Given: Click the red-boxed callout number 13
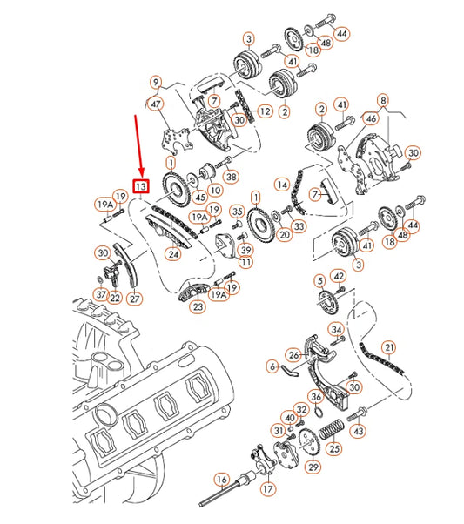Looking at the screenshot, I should click(x=140, y=185).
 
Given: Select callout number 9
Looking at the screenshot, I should click(x=156, y=84).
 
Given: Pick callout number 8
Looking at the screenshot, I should click(x=384, y=100).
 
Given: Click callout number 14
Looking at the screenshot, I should click(x=282, y=185).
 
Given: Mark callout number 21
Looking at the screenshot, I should click(x=390, y=347).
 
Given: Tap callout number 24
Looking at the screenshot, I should click(x=174, y=255).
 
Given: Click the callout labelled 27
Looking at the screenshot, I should click(x=134, y=299).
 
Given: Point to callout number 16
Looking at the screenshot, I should click(x=222, y=480).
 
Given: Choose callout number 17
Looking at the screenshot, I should click(x=267, y=488).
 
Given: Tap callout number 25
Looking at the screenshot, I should click(x=335, y=448).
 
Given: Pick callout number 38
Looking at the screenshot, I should click(x=231, y=177).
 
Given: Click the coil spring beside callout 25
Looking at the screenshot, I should click(x=331, y=427).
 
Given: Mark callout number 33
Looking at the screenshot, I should click(x=299, y=226).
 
